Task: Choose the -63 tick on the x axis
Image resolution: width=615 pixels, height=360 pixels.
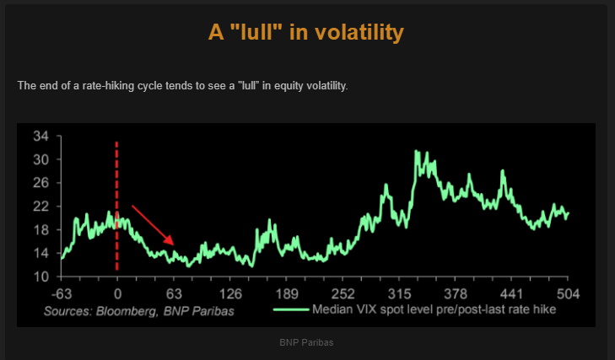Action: pos(60,294)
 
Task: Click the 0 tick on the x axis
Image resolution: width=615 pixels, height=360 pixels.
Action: pos(117,294)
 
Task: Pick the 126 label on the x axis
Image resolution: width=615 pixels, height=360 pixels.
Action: pos(230,294)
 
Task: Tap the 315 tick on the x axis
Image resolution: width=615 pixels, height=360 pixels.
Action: pos(399,294)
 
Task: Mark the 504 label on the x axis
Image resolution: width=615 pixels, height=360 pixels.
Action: pos(568,294)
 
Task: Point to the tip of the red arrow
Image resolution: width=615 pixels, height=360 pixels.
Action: pos(175,245)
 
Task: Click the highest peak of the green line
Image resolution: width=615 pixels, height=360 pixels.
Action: pos(416,152)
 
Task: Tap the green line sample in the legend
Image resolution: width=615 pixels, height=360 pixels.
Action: pos(291,309)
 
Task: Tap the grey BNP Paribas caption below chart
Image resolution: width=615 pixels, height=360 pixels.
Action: pos(307,343)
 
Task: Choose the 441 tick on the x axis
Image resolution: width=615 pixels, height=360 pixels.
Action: pos(512,294)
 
